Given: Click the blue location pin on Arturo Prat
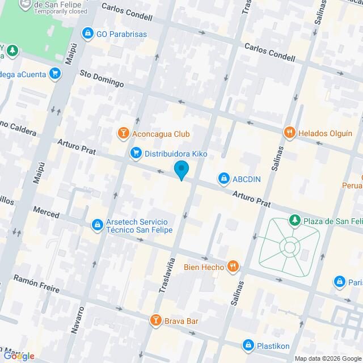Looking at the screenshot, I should pos(181,170).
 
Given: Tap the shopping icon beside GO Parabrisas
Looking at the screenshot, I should pos(87,34).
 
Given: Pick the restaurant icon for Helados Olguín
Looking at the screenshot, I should pos(289,133).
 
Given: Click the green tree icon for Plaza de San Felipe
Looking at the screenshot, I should pos(294,220).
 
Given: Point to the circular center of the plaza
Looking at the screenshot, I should pos(290,247).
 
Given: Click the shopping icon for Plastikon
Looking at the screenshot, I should pos(248,345).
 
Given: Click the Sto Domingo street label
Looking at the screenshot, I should pos(102,79).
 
